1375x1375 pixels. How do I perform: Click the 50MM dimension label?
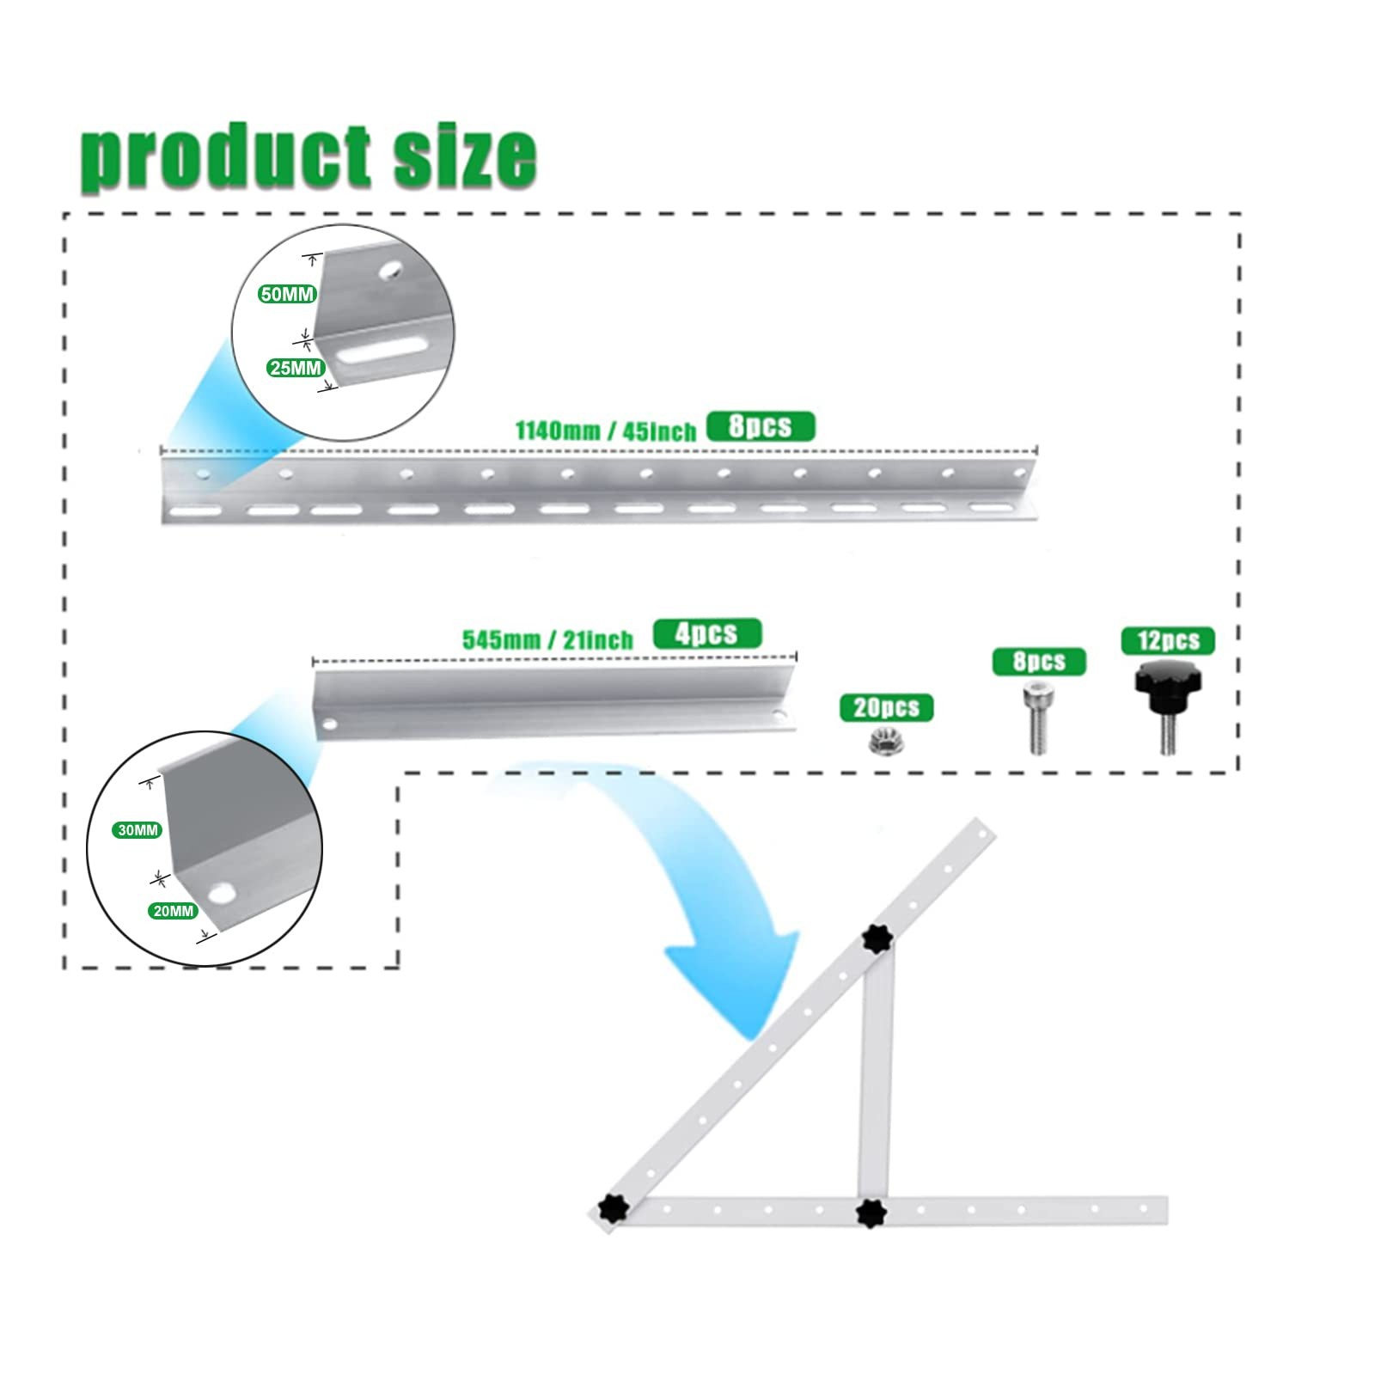pyautogui.click(x=288, y=294)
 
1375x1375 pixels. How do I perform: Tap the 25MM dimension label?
pyautogui.click(x=296, y=368)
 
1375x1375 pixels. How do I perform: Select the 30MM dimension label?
pyautogui.click(x=137, y=830)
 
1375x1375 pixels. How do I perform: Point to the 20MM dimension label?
pyautogui.click(x=174, y=911)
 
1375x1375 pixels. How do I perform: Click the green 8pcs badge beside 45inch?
pyautogui.click(x=761, y=426)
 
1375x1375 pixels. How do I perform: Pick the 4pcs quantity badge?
pyautogui.click(x=707, y=633)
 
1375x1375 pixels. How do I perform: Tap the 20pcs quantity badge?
pyautogui.click(x=886, y=707)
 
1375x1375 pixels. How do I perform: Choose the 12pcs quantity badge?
pyautogui.click(x=1168, y=641)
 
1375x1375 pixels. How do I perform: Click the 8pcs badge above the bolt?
pyautogui.click(x=1039, y=662)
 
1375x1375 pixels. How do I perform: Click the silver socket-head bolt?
pyautogui.click(x=1037, y=718)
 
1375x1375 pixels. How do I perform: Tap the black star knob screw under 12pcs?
pyautogui.click(x=1167, y=707)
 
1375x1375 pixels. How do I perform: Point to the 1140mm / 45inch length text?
pyautogui.click(x=606, y=430)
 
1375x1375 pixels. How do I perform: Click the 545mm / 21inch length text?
pyautogui.click(x=547, y=639)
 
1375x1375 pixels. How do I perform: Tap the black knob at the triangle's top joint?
pyautogui.click(x=877, y=940)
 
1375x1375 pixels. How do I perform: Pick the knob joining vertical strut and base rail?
pyautogui.click(x=872, y=1212)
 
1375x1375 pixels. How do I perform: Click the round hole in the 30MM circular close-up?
pyautogui.click(x=223, y=893)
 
